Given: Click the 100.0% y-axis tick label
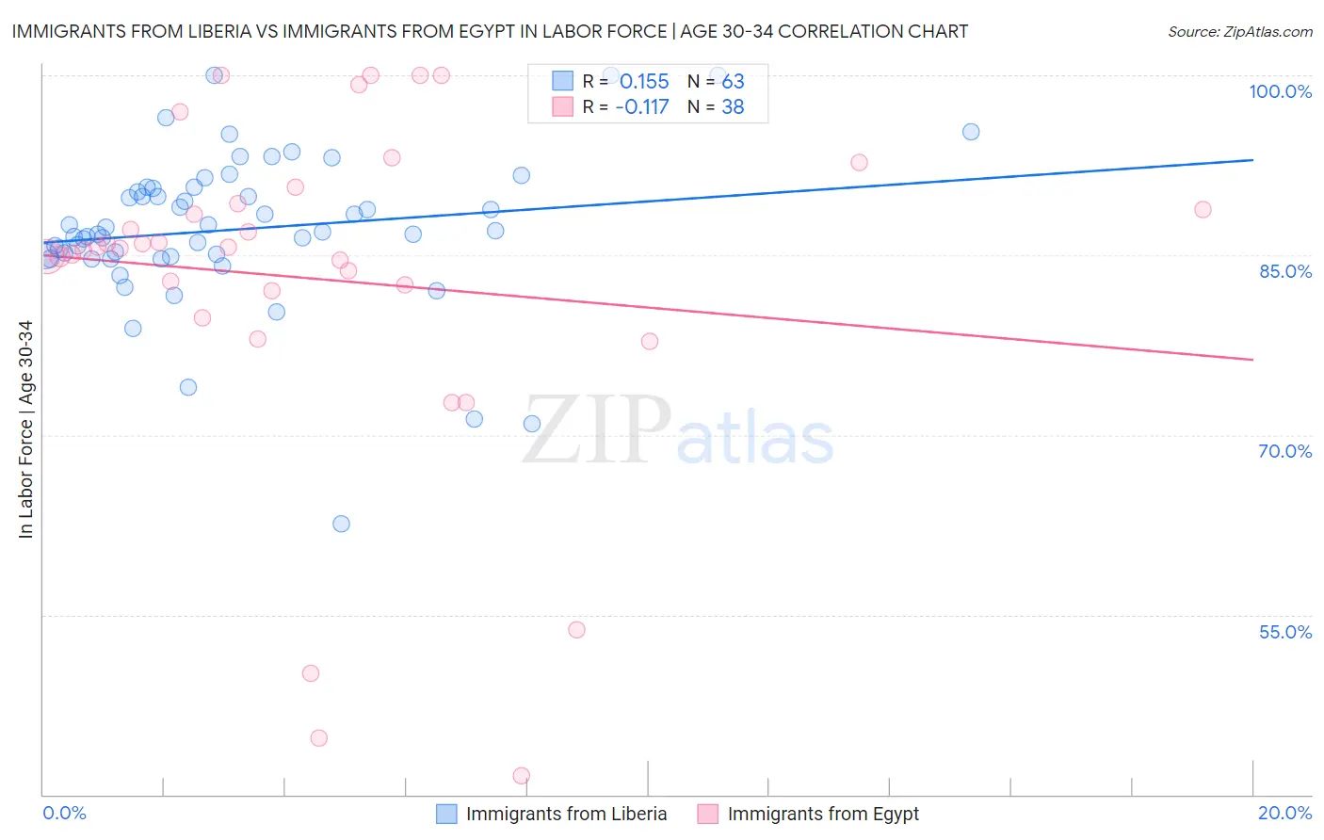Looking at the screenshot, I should click(x=1280, y=91).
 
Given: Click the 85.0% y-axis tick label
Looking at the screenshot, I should click(x=1285, y=271).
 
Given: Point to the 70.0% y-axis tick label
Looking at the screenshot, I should click(x=1285, y=451).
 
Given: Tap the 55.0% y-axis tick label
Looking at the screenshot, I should click(x=1285, y=632).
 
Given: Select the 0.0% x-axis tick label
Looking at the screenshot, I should click(x=64, y=813).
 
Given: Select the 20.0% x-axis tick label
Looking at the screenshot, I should click(x=1284, y=813).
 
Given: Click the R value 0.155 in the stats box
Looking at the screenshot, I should click(x=644, y=82).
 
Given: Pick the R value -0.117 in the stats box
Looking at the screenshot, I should click(x=641, y=107).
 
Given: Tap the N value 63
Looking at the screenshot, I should click(x=733, y=82).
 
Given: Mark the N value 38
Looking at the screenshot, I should click(x=733, y=107).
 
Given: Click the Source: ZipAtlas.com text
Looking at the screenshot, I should click(x=1239, y=32).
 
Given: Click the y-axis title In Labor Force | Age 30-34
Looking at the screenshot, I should click(x=25, y=429).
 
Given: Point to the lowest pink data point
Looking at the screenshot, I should click(x=522, y=776).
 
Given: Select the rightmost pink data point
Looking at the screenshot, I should click(x=1203, y=210).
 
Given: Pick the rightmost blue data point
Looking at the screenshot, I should click(x=971, y=132).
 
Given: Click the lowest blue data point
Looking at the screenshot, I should click(x=341, y=524).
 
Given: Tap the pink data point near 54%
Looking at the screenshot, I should click(x=576, y=630).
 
